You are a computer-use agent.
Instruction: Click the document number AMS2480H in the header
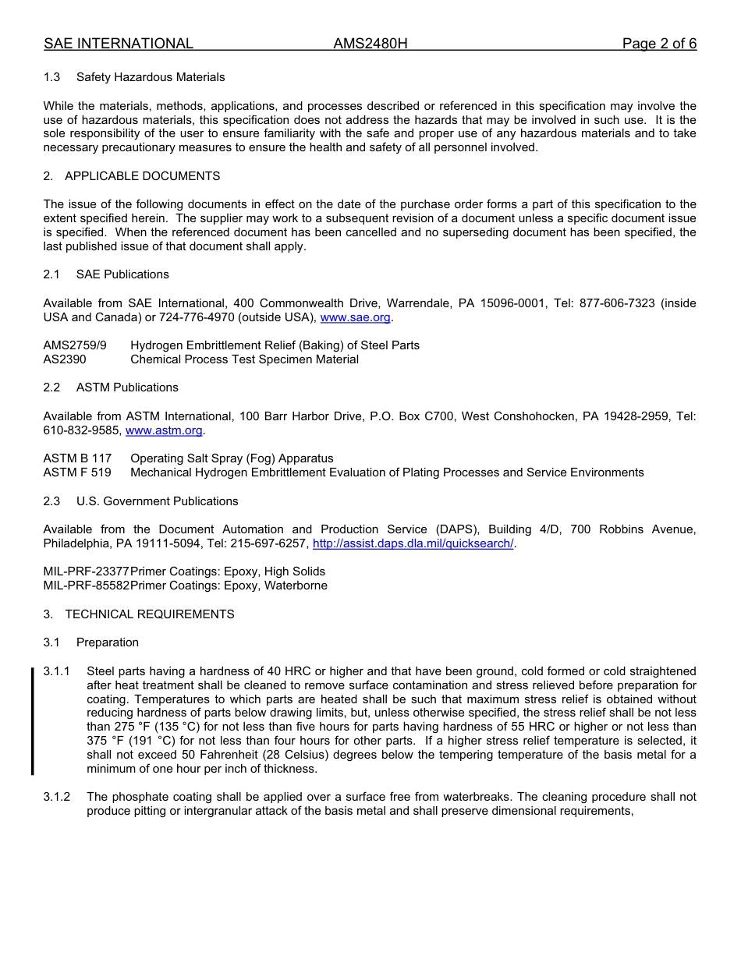click(x=370, y=44)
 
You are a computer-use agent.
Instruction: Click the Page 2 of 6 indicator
click(x=659, y=44)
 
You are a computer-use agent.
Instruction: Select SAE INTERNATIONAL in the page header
click(x=119, y=44)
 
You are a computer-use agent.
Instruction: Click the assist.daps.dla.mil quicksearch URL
click(x=413, y=543)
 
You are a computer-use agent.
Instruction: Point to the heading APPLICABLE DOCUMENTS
click(x=142, y=176)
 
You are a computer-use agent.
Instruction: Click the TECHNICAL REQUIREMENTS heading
click(x=149, y=614)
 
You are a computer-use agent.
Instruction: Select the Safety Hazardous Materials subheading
click(x=151, y=77)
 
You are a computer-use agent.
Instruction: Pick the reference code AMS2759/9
click(x=75, y=345)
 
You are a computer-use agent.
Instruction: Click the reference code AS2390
click(x=65, y=359)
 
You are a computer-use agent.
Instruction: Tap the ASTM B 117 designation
click(x=77, y=458)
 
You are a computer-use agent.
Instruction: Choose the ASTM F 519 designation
click(x=77, y=472)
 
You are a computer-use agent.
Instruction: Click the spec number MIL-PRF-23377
click(x=86, y=572)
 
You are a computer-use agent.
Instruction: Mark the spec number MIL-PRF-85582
click(x=86, y=586)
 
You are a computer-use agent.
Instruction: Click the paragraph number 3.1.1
click(x=57, y=671)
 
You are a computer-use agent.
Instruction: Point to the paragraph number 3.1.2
click(x=57, y=797)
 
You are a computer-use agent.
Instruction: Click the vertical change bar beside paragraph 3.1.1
click(x=32, y=720)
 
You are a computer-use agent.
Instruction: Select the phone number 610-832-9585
click(x=82, y=430)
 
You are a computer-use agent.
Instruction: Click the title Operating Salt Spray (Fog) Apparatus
click(x=232, y=458)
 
